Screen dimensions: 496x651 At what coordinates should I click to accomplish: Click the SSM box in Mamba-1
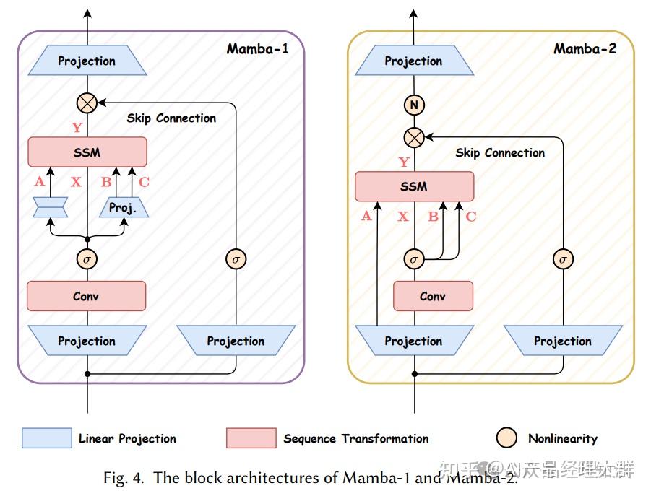tap(87, 152)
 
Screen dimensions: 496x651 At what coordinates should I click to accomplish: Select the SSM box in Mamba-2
tap(414, 186)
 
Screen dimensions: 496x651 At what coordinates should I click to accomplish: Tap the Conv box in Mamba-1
tap(86, 296)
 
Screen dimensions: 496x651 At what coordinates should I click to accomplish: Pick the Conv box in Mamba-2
tap(433, 296)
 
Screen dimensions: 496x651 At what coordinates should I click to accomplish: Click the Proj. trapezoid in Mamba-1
tap(123, 208)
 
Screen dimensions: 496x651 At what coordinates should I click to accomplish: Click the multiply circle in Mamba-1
tap(87, 103)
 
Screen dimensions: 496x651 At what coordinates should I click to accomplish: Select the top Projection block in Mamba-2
tap(413, 61)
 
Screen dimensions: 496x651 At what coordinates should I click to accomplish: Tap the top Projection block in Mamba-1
tap(87, 61)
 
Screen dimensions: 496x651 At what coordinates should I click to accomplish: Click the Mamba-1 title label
tap(256, 49)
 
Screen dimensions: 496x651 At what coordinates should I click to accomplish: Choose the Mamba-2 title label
tap(585, 49)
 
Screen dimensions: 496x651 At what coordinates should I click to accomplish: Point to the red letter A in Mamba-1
tap(39, 182)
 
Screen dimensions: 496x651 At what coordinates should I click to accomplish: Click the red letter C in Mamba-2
tap(471, 216)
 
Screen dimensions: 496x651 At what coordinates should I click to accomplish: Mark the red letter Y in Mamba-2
tap(404, 162)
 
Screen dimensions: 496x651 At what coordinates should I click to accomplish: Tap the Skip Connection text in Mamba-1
tap(171, 118)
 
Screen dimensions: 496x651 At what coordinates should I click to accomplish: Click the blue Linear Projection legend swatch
tap(47, 438)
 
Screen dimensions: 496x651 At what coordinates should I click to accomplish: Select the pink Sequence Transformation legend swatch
tap(251, 438)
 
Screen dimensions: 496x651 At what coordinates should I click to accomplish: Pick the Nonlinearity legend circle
tap(508, 438)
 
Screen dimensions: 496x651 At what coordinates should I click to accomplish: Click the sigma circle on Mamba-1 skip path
tap(236, 258)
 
